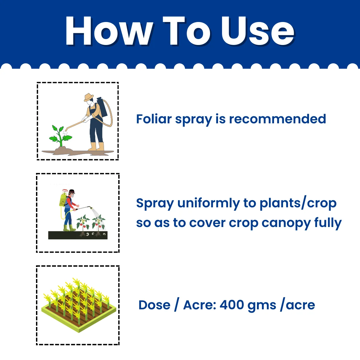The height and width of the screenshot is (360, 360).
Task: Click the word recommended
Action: tap(278, 119)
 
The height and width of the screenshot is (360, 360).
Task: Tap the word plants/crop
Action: tap(298, 203)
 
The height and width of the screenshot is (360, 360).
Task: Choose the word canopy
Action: tap(286, 223)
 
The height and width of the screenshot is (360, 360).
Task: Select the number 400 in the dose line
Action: tap(232, 305)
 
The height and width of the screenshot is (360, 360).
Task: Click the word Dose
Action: tap(155, 305)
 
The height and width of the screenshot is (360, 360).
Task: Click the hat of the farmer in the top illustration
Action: tap(89, 97)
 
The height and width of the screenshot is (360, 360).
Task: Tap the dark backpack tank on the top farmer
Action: tap(102, 107)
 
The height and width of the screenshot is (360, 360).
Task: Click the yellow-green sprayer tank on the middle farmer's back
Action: tap(63, 200)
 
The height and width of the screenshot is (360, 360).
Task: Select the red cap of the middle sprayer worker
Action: tap(72, 191)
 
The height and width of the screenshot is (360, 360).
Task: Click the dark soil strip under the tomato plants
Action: tap(78, 235)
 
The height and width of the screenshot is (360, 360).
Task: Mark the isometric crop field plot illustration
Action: tap(79, 305)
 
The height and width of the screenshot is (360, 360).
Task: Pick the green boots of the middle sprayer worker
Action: tap(69, 228)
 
